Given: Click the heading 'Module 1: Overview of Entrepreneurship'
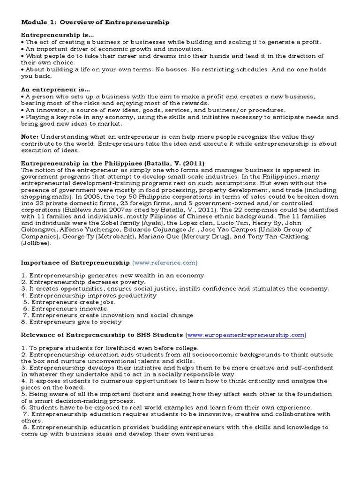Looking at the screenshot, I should (x=95, y=22).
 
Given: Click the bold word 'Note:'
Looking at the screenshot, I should (x=30, y=135).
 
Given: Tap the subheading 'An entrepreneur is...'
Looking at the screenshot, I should (x=56, y=89).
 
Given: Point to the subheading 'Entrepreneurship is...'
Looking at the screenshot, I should (x=57, y=35).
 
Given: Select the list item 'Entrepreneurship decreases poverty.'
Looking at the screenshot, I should (x=87, y=282).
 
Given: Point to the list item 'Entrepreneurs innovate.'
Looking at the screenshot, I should (x=69, y=309).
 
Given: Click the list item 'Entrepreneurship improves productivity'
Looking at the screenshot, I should (x=93, y=296).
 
